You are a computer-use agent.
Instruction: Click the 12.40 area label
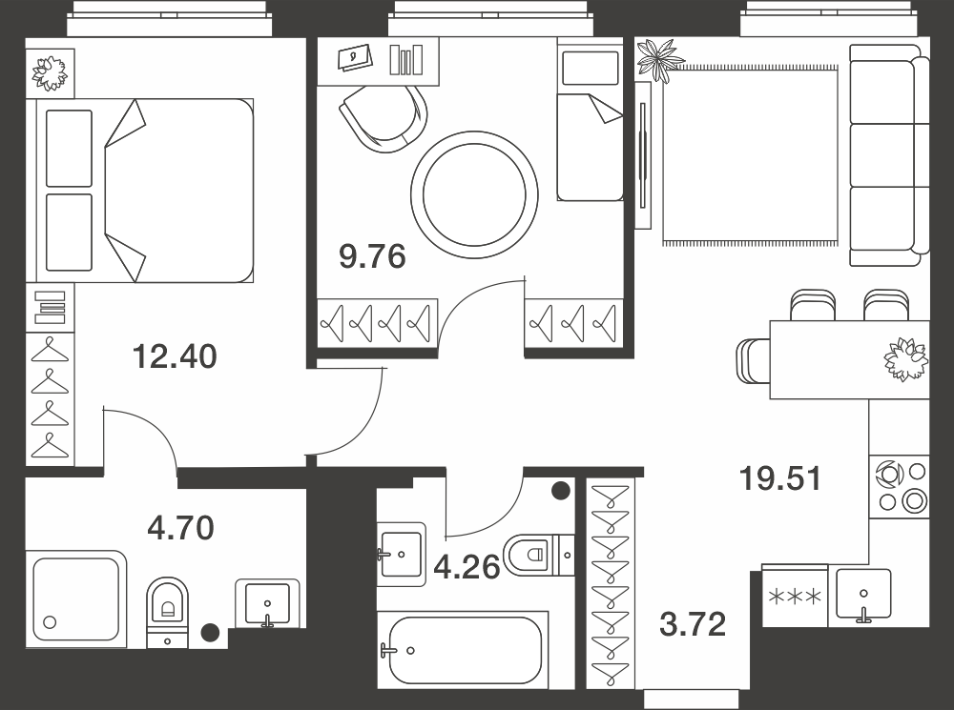(175, 356)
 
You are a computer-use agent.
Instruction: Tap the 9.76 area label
(372, 256)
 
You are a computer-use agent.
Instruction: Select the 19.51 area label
(780, 478)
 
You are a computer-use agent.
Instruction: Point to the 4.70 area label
(180, 528)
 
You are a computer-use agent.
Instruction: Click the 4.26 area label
(467, 567)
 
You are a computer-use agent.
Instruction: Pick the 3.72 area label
(693, 624)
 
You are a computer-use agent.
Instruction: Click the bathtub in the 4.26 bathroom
(465, 651)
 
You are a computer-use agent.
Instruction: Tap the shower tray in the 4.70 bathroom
(76, 599)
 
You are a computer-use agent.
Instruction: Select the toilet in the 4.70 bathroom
(167, 611)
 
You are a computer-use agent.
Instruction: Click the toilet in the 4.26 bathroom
(538, 555)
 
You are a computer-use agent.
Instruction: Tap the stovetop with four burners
(901, 486)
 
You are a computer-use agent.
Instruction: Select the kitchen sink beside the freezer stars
(863, 597)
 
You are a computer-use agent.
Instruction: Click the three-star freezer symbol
(796, 597)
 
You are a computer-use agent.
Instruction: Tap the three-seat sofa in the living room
(889, 155)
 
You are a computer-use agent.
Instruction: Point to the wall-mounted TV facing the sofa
(642, 155)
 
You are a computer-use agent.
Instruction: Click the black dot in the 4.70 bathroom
(210, 632)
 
